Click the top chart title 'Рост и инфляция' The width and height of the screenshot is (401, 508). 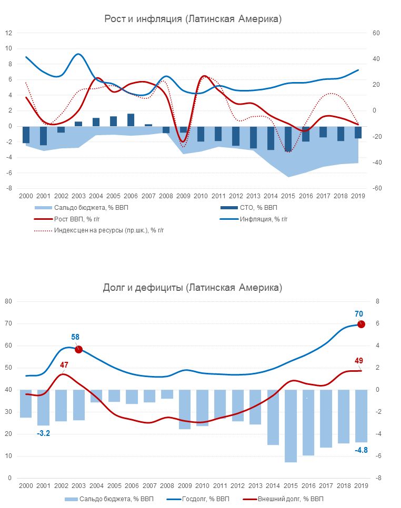[x=193, y=19]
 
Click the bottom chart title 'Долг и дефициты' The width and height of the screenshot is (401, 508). [x=193, y=288]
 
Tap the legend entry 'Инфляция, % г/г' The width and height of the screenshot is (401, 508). [x=264, y=219]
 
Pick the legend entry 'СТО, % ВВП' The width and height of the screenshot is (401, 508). [x=258, y=208]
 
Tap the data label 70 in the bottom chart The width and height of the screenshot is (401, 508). [x=359, y=314]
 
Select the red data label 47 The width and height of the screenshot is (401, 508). [x=64, y=364]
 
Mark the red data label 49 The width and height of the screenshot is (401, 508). [x=359, y=361]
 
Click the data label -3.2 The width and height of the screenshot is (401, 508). [x=43, y=433]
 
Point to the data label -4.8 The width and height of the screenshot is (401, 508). [x=361, y=450]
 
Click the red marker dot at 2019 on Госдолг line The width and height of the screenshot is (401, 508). [x=361, y=324]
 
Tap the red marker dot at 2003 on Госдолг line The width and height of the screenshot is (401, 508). [x=78, y=349]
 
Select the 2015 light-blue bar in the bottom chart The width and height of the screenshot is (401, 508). [x=290, y=426]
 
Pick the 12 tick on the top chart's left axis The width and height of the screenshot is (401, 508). [x=8, y=33]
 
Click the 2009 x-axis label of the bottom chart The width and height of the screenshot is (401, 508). [x=184, y=486]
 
